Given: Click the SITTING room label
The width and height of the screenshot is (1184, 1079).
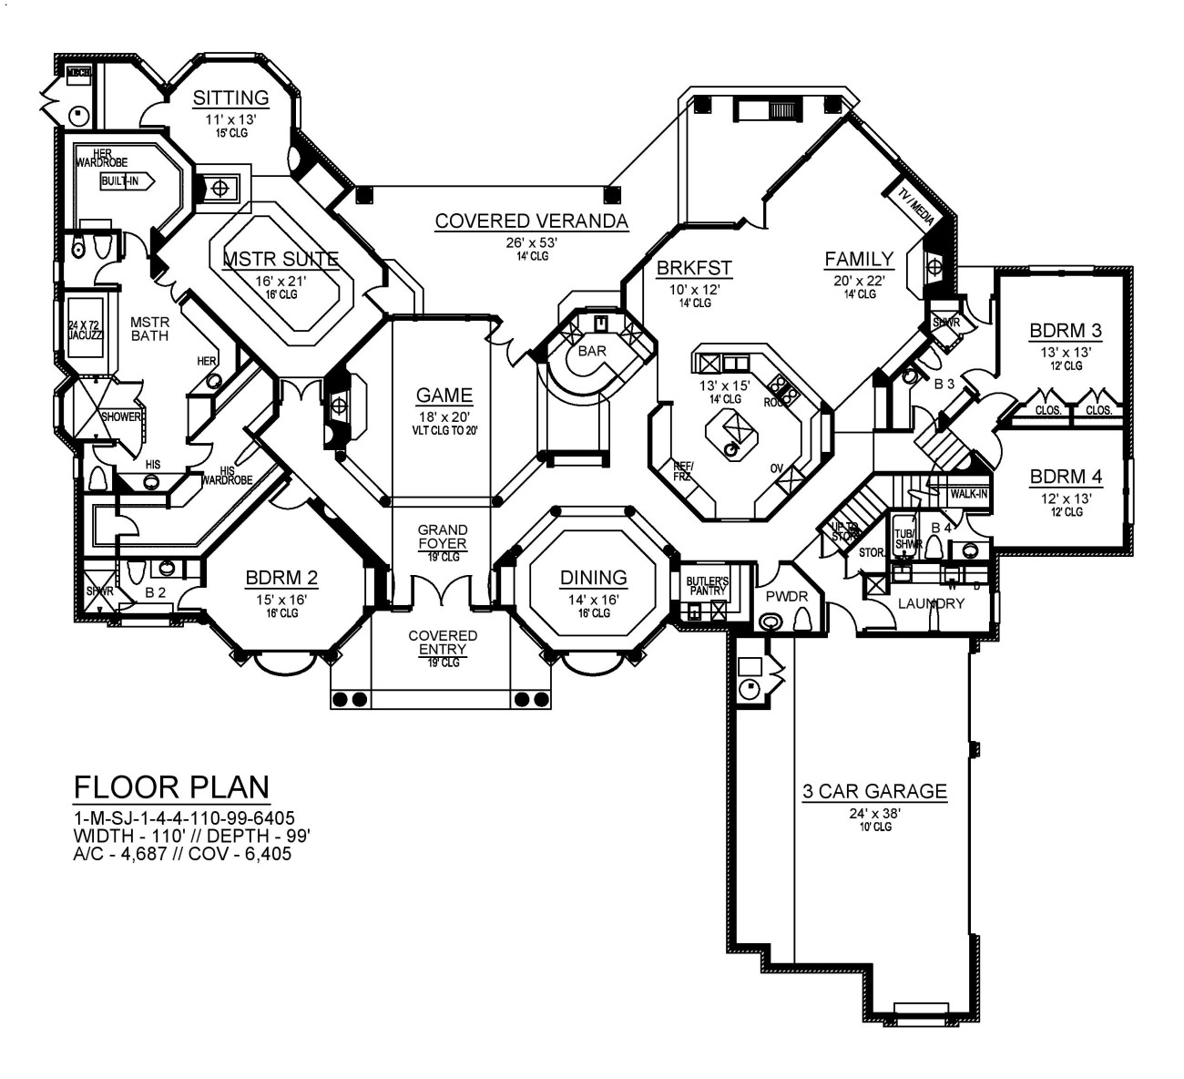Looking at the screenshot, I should point(231,98).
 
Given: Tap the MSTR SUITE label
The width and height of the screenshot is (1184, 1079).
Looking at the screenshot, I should point(281,260).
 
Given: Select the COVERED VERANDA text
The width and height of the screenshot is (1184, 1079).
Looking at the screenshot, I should point(531,221).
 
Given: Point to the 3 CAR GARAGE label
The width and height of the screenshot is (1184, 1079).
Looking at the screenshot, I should point(874,791).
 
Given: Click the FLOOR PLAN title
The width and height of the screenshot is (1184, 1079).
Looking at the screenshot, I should point(171,786).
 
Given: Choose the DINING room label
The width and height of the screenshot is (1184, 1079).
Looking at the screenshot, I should point(593,577).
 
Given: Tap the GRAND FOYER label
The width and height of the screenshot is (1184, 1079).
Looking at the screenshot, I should point(443,537).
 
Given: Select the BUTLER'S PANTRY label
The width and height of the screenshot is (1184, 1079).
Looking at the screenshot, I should point(707,586).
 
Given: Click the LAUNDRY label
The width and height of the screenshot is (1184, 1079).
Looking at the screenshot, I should point(931,603).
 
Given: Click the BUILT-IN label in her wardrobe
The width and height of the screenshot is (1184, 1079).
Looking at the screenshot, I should point(120,181).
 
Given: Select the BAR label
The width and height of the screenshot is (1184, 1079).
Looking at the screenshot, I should point(593,350).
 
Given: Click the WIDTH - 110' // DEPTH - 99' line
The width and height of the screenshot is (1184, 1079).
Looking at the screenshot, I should point(192,837).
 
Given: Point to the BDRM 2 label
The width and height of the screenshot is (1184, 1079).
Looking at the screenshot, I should point(281,578).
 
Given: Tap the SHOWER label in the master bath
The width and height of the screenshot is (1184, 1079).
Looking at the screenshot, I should point(121,416).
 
